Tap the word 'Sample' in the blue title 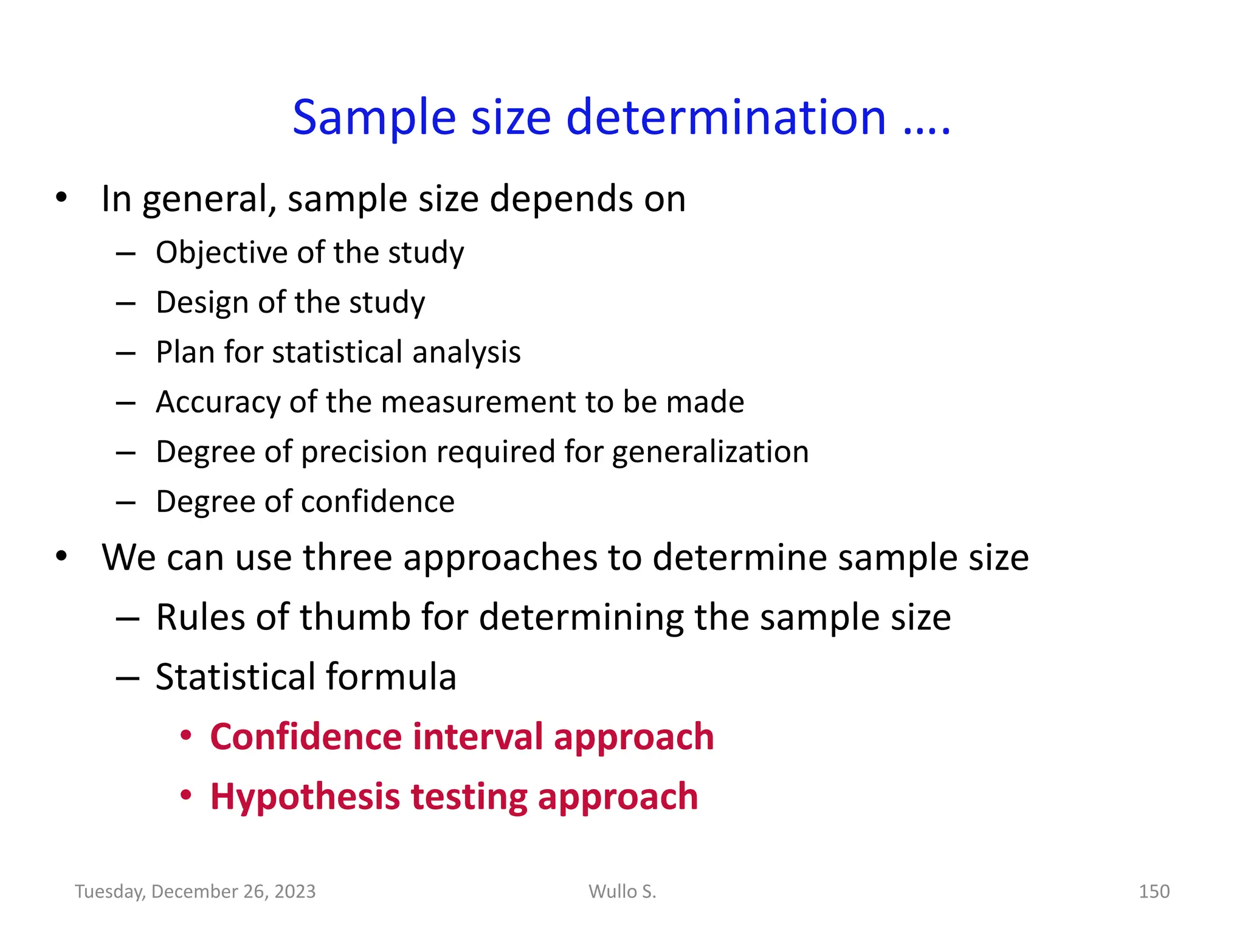tap(374, 118)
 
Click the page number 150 tap(1154, 891)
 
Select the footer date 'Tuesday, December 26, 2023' tap(195, 891)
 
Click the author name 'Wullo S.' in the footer tap(622, 891)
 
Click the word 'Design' tap(202, 302)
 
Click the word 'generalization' tap(710, 452)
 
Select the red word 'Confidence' tap(306, 737)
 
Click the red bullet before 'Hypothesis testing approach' tap(186, 795)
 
